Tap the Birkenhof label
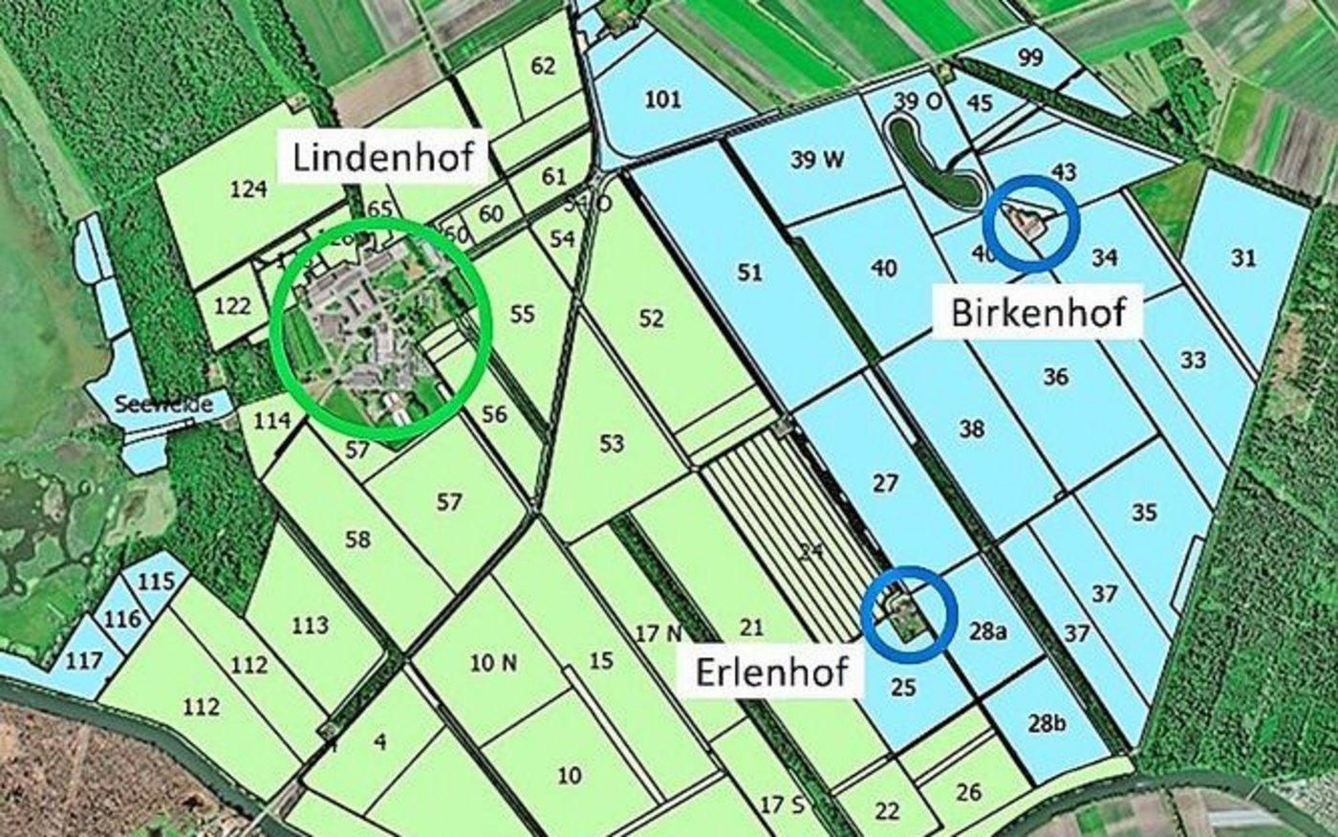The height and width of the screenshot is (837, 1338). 1038,312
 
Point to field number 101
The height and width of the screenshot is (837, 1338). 662,99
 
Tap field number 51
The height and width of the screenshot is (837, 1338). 750,273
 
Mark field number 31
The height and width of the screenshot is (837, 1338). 1243,257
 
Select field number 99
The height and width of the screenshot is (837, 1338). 1030,57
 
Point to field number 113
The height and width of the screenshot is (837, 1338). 310,626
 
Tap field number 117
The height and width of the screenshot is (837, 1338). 84,659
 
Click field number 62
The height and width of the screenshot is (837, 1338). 542,66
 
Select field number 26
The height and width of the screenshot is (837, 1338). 968,791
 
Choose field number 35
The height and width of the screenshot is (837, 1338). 1144,512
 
